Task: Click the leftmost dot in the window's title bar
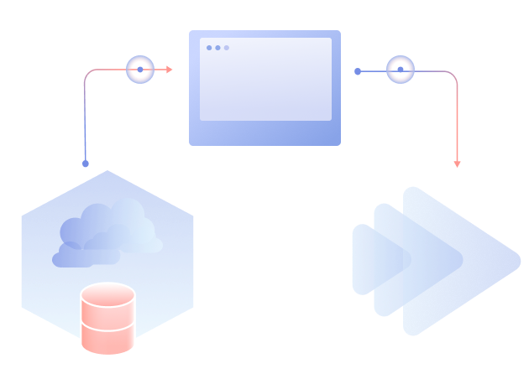point(209,48)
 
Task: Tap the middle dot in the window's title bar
point(217,48)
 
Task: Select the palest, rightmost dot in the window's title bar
point(226,48)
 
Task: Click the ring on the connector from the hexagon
point(139,70)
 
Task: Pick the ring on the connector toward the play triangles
point(400,70)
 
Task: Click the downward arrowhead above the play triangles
point(457,164)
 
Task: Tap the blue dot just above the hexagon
point(86,164)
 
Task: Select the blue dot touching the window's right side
point(358,71)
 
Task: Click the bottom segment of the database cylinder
point(107,339)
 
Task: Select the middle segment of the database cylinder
point(107,319)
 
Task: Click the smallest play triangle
point(364,260)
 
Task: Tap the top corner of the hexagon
point(107,172)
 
